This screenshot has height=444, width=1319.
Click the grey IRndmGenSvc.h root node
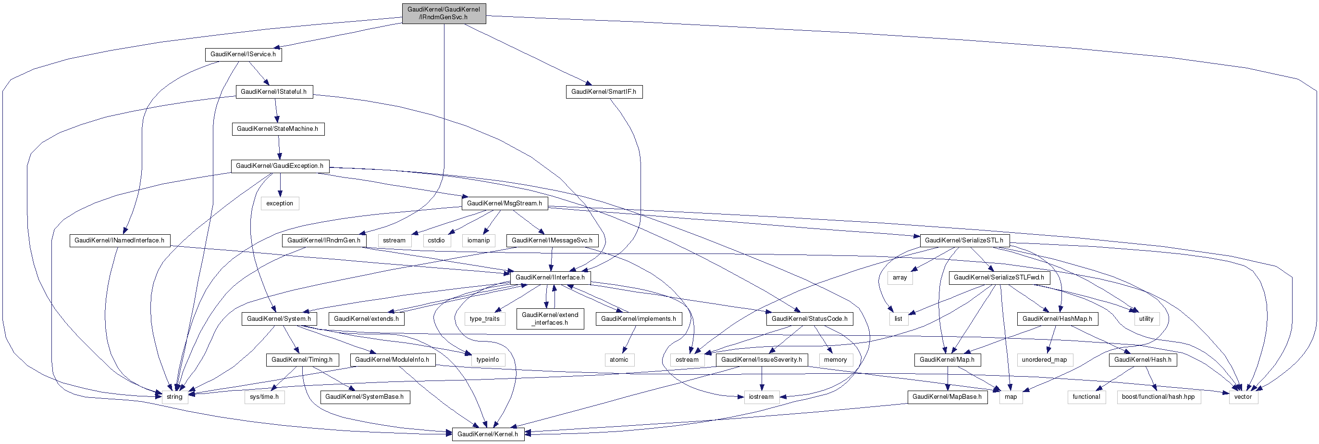tap(444, 13)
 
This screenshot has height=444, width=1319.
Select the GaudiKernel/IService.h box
tap(243, 54)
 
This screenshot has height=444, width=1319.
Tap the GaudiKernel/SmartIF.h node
tap(604, 92)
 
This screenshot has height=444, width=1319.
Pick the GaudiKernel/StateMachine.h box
tap(278, 129)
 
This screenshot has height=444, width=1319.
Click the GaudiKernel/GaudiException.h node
tap(280, 166)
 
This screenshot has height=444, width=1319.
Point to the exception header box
tap(280, 203)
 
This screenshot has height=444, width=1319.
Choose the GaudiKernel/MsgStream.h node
tap(505, 203)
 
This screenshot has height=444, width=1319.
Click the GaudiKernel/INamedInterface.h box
tap(119, 241)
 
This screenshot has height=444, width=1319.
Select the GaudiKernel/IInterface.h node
tap(550, 278)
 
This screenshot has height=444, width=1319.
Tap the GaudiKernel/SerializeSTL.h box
tap(963, 241)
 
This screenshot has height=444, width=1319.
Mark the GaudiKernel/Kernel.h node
tap(487, 434)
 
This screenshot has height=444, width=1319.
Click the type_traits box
tap(484, 319)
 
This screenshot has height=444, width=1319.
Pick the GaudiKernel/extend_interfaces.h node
tap(550, 319)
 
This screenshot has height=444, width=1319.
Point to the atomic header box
tap(618, 360)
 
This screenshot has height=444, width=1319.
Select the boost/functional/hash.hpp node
tap(1158, 397)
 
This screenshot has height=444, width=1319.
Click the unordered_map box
tap(1045, 360)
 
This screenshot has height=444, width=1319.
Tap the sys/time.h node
tap(264, 397)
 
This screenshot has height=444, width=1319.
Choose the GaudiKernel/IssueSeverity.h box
tap(762, 360)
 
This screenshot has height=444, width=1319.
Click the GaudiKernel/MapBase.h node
tap(947, 397)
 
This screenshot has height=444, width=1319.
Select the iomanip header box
tap(478, 241)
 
